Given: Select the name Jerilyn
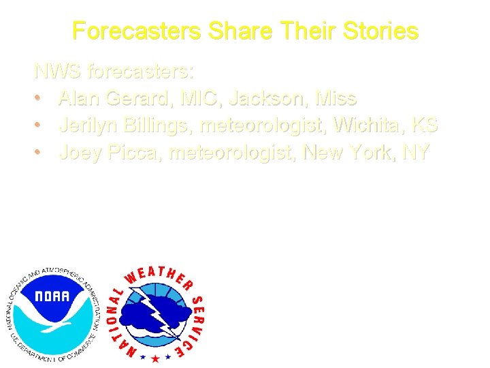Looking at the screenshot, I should (95, 126).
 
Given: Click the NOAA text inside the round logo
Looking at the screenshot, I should (52, 296).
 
